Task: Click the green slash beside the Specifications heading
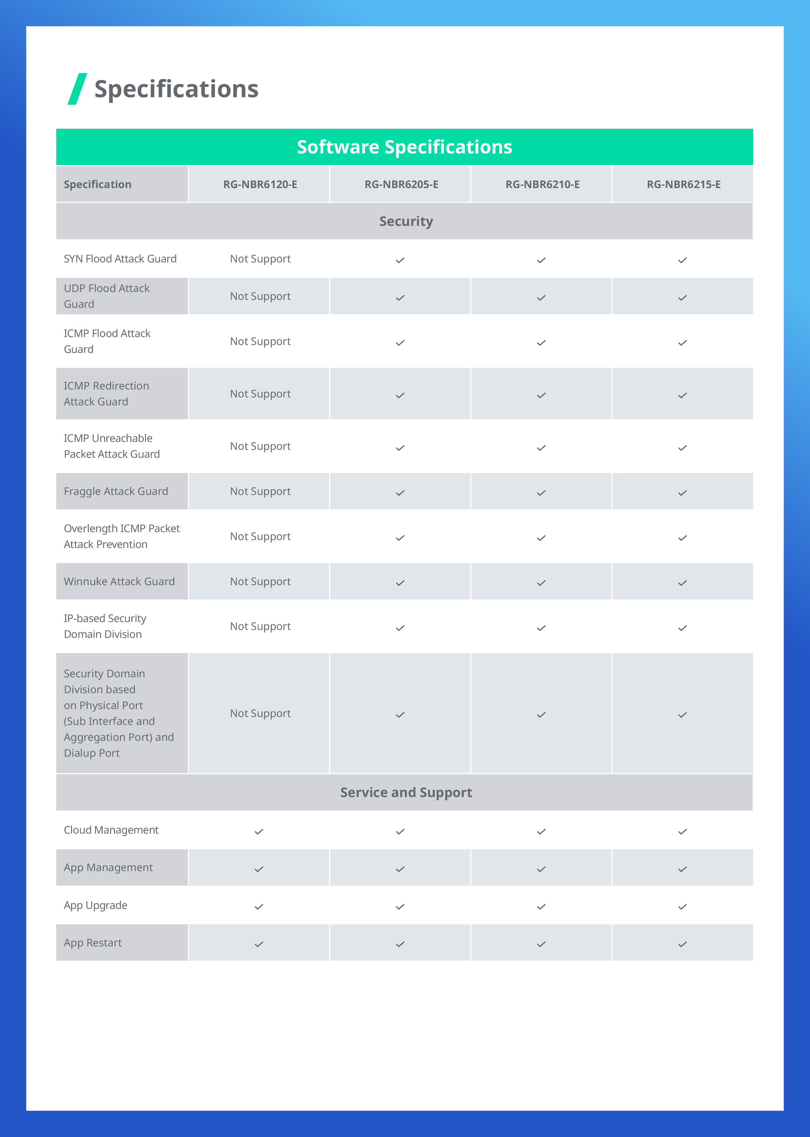(77, 89)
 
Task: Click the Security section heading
(406, 221)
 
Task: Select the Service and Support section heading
(406, 792)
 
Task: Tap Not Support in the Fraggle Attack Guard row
(260, 491)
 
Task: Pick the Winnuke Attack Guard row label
(119, 582)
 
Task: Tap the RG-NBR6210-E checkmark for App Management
(541, 869)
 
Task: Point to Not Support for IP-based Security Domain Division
(260, 626)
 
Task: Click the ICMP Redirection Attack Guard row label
(106, 394)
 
